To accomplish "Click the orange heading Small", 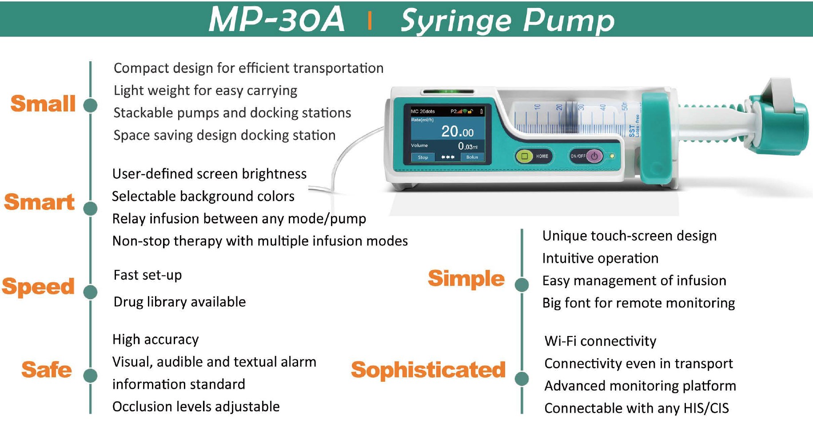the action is pos(43,103).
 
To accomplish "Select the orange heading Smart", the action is pos(40,202).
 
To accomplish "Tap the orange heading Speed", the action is pos(38,287).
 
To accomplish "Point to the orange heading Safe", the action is pos(47,370).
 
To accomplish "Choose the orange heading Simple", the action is pos(466,279).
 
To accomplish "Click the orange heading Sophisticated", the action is pos(428,370).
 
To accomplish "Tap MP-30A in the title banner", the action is pos(276,20).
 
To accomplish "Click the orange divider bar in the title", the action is pos(370,20).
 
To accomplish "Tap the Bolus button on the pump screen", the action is pos(472,157).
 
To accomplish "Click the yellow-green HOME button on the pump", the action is pos(525,156).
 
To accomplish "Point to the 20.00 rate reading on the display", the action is pos(457,131).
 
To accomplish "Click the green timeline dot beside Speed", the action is pos(91,292).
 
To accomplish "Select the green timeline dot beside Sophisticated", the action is pos(522,379).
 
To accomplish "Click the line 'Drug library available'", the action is pos(180,302).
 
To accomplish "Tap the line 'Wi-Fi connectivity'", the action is pos(600,341).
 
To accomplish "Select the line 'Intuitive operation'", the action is pos(600,258).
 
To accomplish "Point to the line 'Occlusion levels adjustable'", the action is pos(196,407).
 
